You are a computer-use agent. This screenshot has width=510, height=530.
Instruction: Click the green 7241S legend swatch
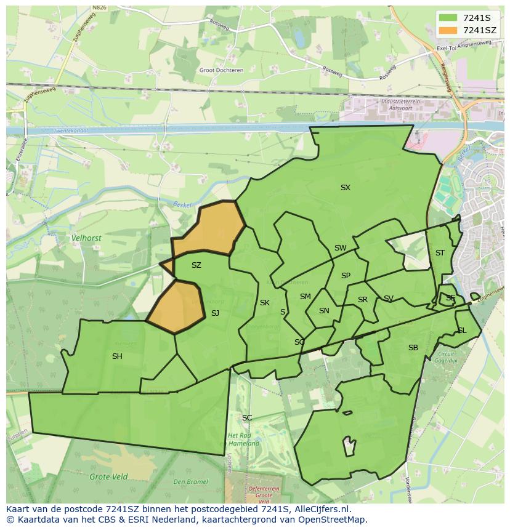click(448, 17)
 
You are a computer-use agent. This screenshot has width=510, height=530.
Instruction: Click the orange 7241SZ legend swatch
click(448, 30)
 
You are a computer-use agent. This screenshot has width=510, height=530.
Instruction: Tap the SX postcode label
click(345, 188)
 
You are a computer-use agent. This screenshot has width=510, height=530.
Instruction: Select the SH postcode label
click(117, 356)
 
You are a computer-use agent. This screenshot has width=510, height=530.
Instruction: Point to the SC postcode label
click(247, 418)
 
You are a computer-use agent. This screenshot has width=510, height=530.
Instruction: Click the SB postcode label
click(413, 348)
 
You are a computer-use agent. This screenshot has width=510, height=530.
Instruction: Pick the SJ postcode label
click(215, 313)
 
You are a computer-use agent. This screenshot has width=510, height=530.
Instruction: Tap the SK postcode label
click(265, 303)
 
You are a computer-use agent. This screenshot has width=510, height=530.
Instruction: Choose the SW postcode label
click(340, 248)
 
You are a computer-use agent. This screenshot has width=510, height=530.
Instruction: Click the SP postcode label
click(346, 276)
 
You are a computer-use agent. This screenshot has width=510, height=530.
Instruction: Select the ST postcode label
click(440, 253)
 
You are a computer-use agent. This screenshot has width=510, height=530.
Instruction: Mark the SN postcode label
click(324, 311)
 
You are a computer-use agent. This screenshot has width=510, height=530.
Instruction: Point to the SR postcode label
click(363, 300)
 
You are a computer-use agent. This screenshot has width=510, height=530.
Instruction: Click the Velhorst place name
click(86, 238)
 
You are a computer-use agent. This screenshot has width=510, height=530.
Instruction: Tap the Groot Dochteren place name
click(221, 70)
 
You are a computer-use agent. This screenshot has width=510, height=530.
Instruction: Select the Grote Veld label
click(108, 476)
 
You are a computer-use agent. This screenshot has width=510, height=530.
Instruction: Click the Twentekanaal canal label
click(70, 131)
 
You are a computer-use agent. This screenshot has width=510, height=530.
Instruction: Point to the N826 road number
click(99, 8)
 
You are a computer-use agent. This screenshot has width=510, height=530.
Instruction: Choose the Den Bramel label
click(190, 482)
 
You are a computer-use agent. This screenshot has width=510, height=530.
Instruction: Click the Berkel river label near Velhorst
click(182, 204)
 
